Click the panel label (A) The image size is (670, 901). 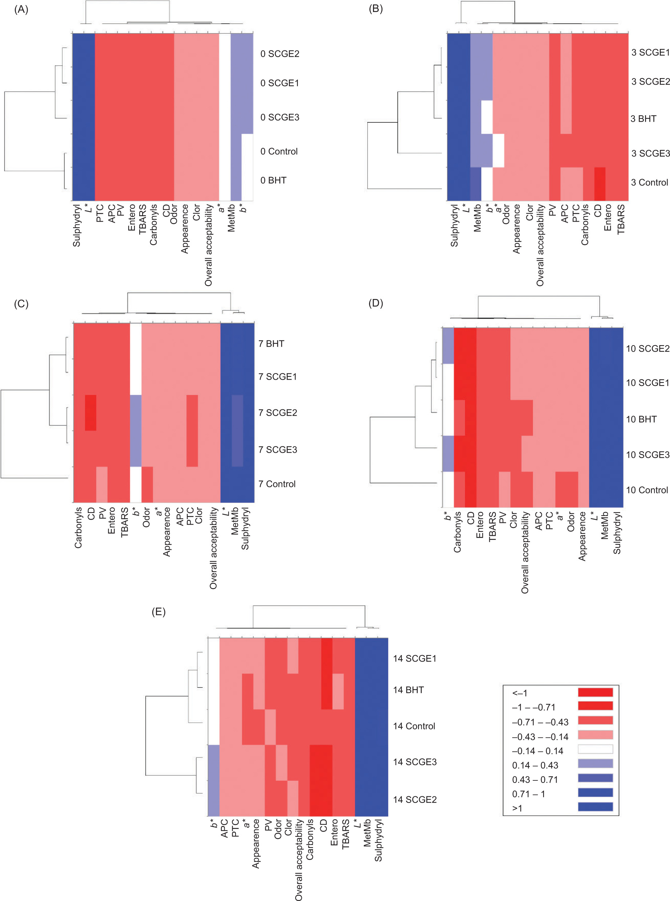click(x=21, y=9)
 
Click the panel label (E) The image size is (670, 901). click(x=159, y=611)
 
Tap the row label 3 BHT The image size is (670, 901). click(x=643, y=119)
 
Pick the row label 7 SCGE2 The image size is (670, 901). click(x=277, y=413)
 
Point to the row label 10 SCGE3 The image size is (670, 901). click(x=647, y=455)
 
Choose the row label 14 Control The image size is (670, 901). click(x=414, y=726)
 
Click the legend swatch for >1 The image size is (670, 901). click(x=595, y=807)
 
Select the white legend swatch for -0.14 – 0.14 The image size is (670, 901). click(x=595, y=749)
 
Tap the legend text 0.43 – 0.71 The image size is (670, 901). click(x=534, y=780)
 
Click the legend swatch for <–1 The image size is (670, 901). click(x=595, y=692)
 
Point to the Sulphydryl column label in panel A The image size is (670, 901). click(x=77, y=225)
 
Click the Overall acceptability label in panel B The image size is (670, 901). click(x=540, y=245)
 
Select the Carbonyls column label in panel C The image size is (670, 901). click(x=78, y=528)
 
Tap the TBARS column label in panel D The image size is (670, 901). click(x=492, y=526)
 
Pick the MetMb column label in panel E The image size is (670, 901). click(x=367, y=833)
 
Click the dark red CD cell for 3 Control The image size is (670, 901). click(x=599, y=184)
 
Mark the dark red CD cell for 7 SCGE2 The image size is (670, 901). click(x=91, y=413)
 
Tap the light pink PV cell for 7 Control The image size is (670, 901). click(x=102, y=484)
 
